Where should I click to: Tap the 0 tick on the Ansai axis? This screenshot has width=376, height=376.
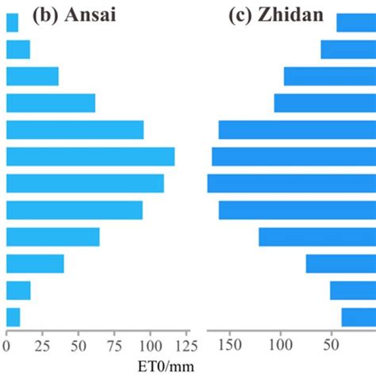pos(6,345)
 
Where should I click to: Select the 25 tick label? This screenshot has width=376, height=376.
pos(42,345)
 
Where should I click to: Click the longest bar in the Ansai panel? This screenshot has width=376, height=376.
pos(90,156)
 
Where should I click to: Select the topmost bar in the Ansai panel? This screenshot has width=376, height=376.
pos(12,23)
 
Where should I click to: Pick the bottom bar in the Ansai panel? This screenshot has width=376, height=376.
pos(13,317)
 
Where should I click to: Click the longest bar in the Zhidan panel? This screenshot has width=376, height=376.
pos(291,183)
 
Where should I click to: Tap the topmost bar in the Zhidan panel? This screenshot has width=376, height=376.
pos(355,23)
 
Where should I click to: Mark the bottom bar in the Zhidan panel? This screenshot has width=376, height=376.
pos(359,317)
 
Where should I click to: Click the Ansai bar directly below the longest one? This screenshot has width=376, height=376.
pos(85,183)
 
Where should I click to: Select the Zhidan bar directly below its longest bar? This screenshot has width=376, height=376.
pos(297,210)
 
